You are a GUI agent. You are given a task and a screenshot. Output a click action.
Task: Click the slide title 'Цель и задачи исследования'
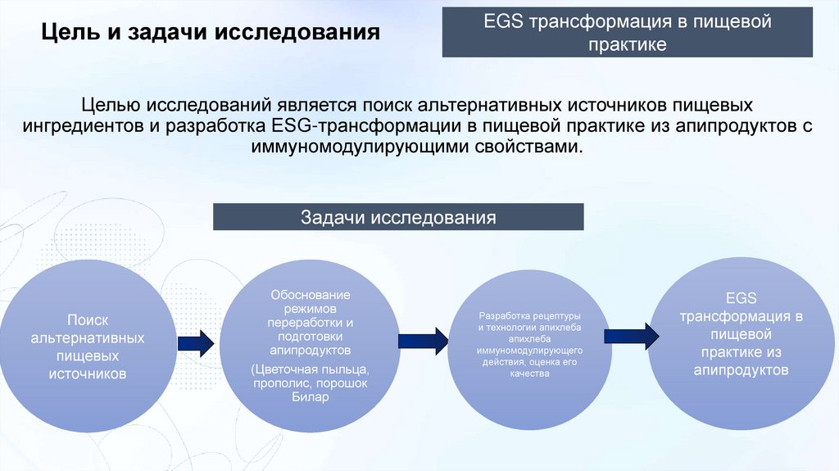(x=211, y=34)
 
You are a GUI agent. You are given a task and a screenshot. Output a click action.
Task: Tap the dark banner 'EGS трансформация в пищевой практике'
(x=627, y=32)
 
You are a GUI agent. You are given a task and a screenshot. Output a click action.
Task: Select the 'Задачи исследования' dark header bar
(x=398, y=217)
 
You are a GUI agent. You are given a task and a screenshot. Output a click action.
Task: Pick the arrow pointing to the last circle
(x=632, y=335)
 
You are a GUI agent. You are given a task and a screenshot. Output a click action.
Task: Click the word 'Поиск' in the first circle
(x=88, y=320)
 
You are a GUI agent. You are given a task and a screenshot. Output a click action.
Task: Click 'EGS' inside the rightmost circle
(x=741, y=298)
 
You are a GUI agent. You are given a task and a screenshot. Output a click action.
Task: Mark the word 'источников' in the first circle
(x=88, y=374)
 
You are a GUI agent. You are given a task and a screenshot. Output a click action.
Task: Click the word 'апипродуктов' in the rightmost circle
(x=741, y=370)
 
